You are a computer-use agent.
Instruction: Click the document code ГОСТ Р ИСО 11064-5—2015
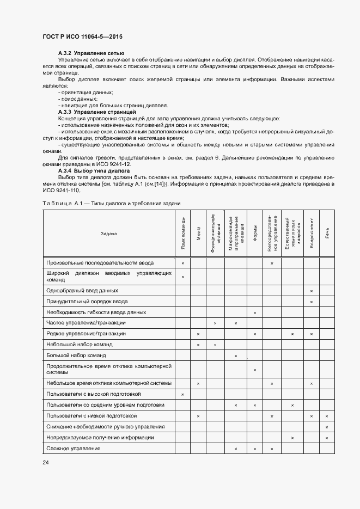(82, 36)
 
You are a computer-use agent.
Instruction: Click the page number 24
(46, 462)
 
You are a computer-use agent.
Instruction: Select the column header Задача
(109, 234)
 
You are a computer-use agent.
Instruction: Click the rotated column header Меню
(198, 234)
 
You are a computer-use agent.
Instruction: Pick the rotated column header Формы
(255, 234)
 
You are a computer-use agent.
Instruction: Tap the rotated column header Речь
(327, 234)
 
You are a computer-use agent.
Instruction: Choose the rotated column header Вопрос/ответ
(311, 234)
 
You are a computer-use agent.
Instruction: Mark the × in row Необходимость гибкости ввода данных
(255, 312)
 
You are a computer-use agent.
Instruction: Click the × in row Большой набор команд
(236, 355)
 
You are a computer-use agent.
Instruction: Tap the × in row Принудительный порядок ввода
(311, 302)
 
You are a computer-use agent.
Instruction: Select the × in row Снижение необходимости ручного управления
(327, 427)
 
